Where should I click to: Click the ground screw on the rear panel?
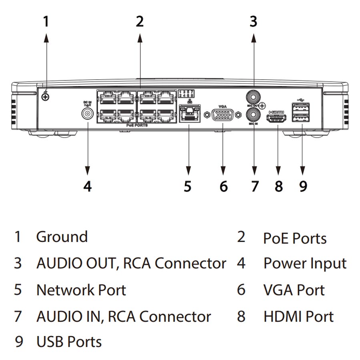[x=46, y=96]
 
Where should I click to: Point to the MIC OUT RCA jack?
[x=253, y=96]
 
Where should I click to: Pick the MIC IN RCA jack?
[x=253, y=116]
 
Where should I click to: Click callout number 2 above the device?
[x=139, y=21]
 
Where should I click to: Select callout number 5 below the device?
[x=188, y=186]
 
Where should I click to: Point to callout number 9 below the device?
[x=303, y=186]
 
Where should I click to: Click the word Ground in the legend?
[x=62, y=236]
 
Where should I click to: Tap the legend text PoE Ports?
[x=295, y=238]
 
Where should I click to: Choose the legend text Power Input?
[x=305, y=264]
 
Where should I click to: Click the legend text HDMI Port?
[x=298, y=316]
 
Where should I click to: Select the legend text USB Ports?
[x=69, y=342]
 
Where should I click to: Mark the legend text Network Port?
[x=81, y=290]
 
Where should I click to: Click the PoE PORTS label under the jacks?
[x=136, y=126]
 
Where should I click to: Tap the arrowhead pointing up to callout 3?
[x=253, y=38]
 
